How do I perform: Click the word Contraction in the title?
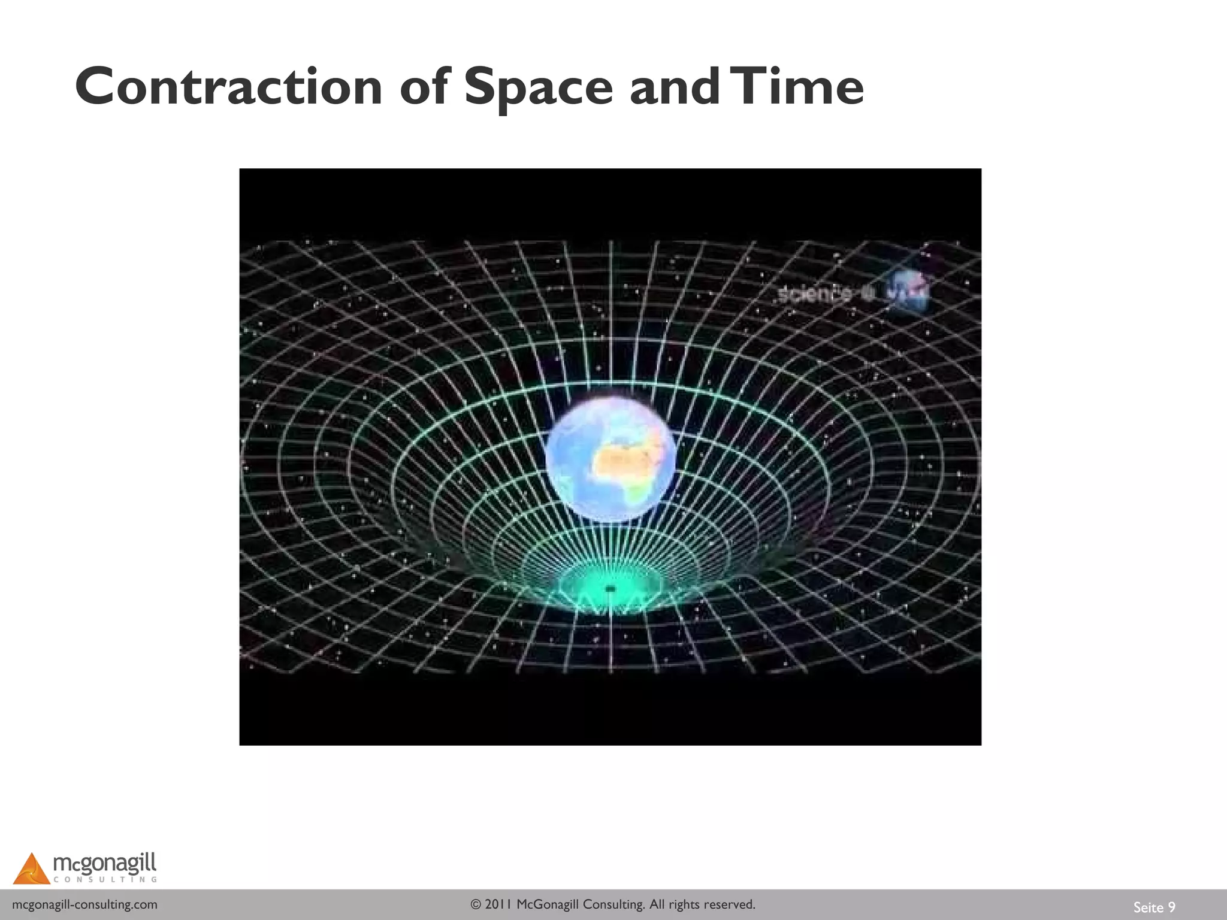point(228,87)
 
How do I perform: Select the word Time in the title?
point(800,87)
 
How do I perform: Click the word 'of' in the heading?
point(424,87)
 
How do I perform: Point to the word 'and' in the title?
point(674,87)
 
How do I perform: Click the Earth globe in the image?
point(611,458)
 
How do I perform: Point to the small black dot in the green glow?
point(611,589)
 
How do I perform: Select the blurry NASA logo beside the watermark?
point(908,292)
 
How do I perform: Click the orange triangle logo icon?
point(31,869)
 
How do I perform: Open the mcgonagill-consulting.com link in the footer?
point(84,904)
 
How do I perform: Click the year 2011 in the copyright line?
point(498,904)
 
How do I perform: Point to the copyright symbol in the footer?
point(476,904)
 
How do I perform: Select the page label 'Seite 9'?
point(1154,907)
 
